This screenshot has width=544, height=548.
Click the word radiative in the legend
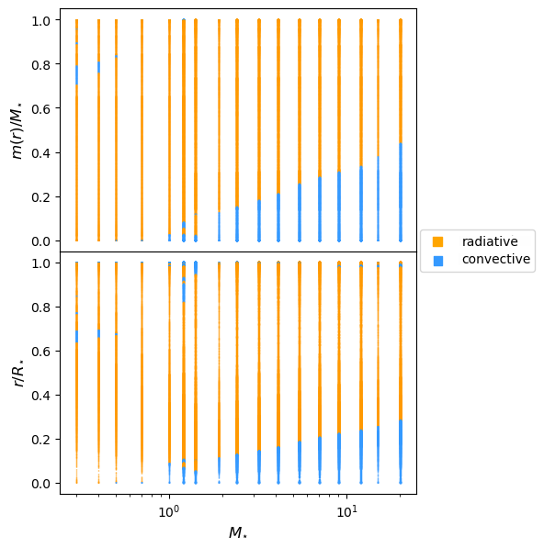click(490, 241)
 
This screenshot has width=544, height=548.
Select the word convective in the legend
click(496, 259)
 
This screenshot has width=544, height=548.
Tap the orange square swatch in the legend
click(438, 241)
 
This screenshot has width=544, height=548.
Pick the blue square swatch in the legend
click(438, 261)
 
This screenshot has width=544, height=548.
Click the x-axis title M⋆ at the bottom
click(238, 532)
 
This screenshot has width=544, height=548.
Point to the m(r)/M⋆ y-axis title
click(17, 130)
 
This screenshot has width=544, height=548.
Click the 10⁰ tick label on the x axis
click(170, 511)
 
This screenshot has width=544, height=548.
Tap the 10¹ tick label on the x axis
click(346, 511)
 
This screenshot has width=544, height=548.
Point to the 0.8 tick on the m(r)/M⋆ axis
click(40, 64)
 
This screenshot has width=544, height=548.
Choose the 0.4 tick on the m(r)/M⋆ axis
click(40, 153)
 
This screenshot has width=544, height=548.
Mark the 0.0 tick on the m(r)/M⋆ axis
click(40, 241)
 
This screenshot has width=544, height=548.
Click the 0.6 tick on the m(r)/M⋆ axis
click(40, 108)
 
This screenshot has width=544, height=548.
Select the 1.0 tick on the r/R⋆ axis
click(40, 263)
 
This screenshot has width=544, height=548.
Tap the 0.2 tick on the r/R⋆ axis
click(40, 440)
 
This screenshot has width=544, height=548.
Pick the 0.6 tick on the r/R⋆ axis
click(40, 352)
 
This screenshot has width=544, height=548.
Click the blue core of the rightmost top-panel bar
click(401, 192)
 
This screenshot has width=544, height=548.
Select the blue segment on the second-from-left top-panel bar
click(99, 67)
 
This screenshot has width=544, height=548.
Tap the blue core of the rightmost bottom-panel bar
click(401, 452)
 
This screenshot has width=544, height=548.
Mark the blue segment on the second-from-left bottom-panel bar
click(99, 333)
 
